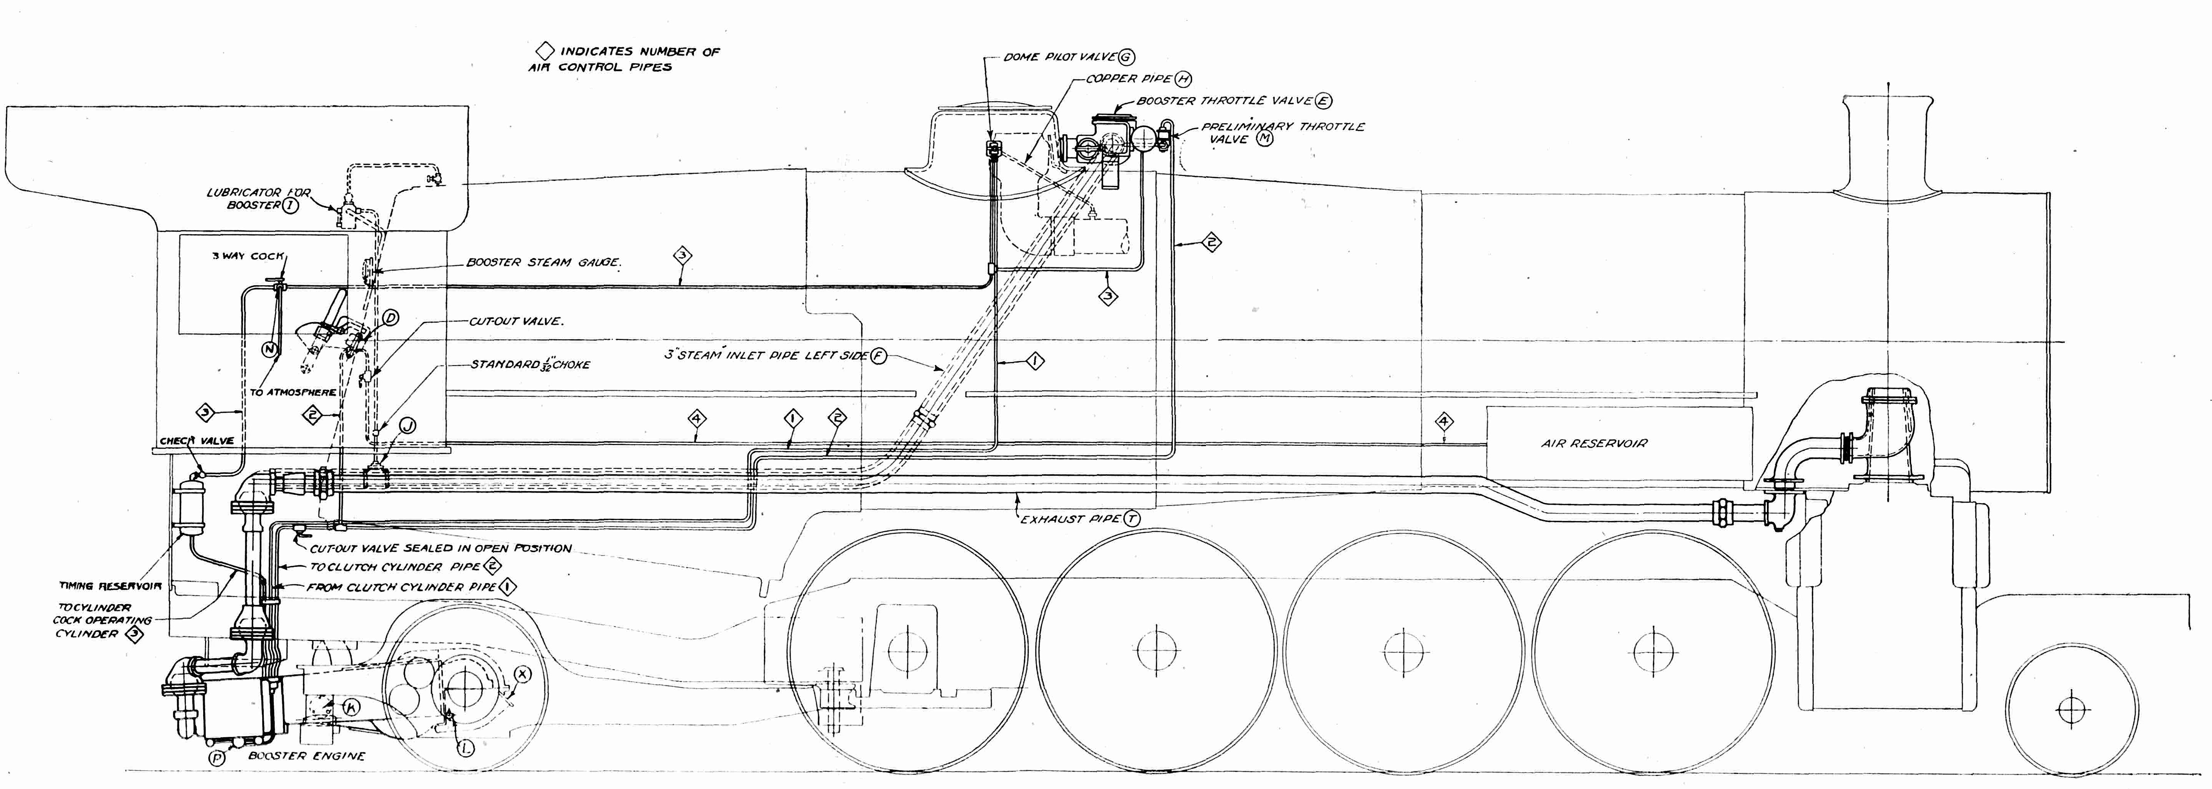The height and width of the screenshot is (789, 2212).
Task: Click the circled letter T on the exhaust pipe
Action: pyautogui.click(x=1132, y=519)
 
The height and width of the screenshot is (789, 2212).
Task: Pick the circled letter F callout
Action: pyautogui.click(x=878, y=355)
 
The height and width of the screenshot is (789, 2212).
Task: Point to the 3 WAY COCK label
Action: pyautogui.click(x=248, y=256)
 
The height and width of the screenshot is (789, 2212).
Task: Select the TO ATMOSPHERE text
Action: pyautogui.click(x=293, y=392)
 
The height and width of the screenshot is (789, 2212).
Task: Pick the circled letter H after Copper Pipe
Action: pyautogui.click(x=1184, y=79)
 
